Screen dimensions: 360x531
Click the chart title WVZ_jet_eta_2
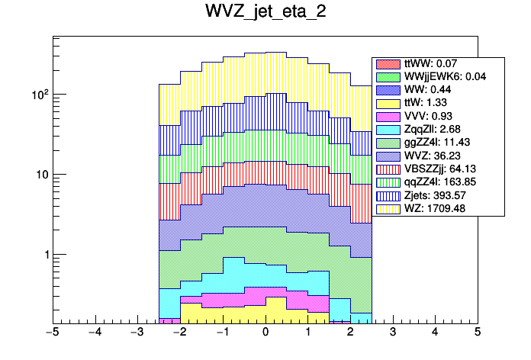(x=265, y=13)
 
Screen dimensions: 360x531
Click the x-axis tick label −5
(x=52, y=333)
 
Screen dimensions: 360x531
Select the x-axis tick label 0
(x=265, y=333)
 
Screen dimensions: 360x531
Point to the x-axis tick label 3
(x=392, y=333)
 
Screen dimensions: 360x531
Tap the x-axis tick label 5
(x=477, y=333)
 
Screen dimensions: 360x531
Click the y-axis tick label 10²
(x=38, y=95)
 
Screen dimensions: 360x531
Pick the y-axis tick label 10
(x=40, y=175)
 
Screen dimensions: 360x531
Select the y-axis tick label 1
(x=43, y=255)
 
